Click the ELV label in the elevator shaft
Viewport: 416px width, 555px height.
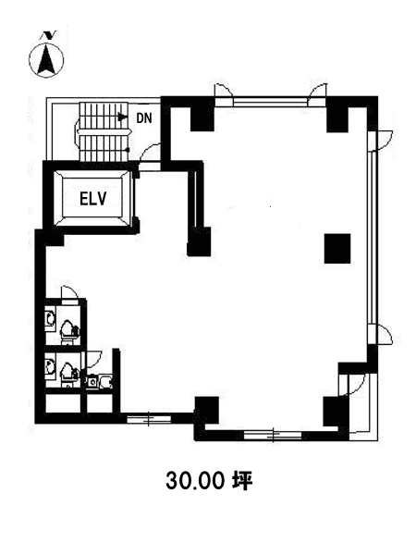click(x=93, y=198)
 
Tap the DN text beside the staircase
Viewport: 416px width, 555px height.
click(x=144, y=118)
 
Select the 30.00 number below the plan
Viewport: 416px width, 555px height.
click(x=195, y=481)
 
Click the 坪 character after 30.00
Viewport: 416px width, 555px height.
click(x=242, y=481)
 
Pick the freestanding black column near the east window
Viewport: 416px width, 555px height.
click(x=337, y=249)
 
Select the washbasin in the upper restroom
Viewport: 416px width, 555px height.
click(x=51, y=317)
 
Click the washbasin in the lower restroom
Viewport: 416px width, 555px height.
click(x=51, y=366)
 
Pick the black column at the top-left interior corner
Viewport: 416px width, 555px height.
click(x=202, y=119)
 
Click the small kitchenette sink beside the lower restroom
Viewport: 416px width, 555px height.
click(x=92, y=381)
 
